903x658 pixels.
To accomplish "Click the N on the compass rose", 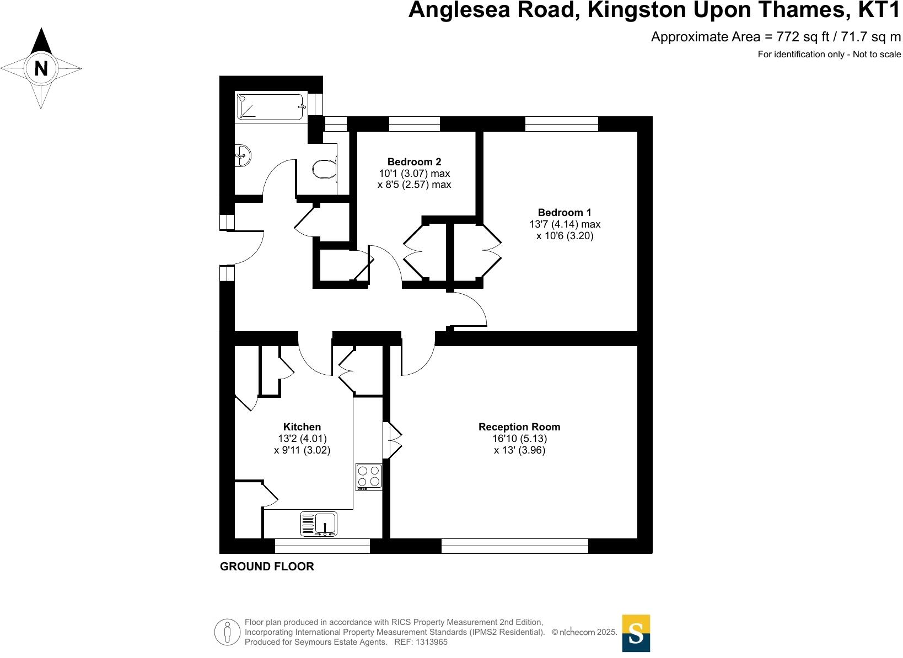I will click(x=41, y=69).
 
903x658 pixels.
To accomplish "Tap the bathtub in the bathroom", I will click(x=270, y=106).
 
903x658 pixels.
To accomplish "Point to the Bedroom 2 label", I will click(x=414, y=162).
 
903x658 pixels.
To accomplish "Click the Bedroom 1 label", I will click(x=565, y=213).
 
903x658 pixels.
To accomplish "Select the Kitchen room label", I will click(x=302, y=427).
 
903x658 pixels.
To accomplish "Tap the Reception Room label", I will click(x=519, y=427).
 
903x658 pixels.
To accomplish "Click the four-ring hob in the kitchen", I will click(x=369, y=477).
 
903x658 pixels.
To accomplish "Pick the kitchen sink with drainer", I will click(x=319, y=524).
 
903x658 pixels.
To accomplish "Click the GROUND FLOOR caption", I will click(x=267, y=567).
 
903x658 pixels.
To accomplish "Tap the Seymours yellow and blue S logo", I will click(x=636, y=633).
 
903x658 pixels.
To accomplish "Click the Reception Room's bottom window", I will click(x=514, y=546).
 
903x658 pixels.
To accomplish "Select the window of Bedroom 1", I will click(x=561, y=124).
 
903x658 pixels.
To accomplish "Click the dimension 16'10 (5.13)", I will click(x=519, y=439).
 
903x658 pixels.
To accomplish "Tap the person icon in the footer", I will click(x=227, y=632).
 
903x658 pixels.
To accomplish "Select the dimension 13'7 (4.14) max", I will click(x=565, y=224).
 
